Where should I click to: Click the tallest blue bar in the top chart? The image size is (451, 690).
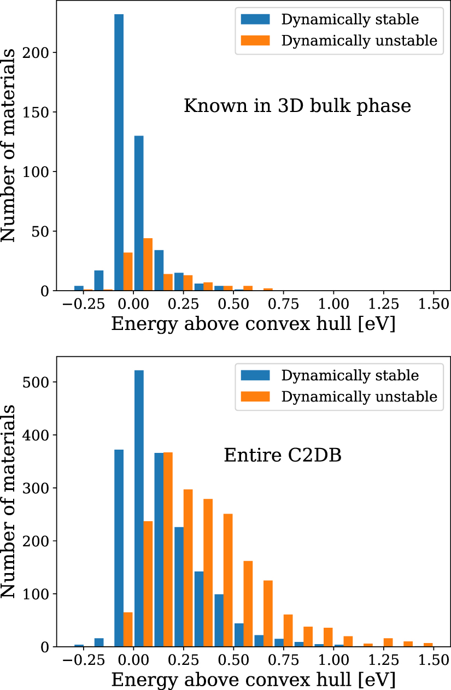pyautogui.click(x=119, y=152)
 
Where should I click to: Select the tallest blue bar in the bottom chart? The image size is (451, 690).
pyautogui.click(x=139, y=508)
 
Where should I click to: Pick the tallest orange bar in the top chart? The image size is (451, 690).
pyautogui.click(x=148, y=264)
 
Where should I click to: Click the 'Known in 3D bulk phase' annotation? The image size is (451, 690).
pyautogui.click(x=297, y=105)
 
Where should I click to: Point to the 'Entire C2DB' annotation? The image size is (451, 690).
pyautogui.click(x=283, y=455)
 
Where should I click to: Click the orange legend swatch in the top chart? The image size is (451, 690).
pyautogui.click(x=255, y=40)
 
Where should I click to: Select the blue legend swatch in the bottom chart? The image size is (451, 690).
pyautogui.click(x=255, y=375)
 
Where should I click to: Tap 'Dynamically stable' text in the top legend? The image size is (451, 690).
pyautogui.click(x=350, y=20)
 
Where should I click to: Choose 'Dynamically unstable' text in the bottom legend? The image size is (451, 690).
pyautogui.click(x=359, y=397)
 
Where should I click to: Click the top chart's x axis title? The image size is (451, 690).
pyautogui.click(x=253, y=324)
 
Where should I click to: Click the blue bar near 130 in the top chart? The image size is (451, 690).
pyautogui.click(x=139, y=213)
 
